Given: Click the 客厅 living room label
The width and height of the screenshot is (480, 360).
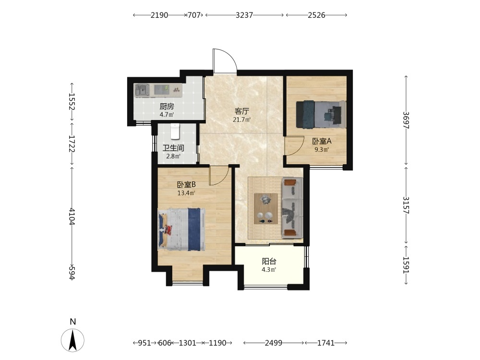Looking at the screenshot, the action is click(242, 111).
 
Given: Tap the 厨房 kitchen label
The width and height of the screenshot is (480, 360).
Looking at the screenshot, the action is click(167, 106).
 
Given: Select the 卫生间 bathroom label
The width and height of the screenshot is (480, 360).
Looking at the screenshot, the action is click(173, 148).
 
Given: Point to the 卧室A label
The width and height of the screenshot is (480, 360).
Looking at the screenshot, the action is click(322, 141).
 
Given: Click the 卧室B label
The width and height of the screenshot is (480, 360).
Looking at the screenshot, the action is click(186, 185).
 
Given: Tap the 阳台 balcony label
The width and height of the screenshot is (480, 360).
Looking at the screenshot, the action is click(269, 261).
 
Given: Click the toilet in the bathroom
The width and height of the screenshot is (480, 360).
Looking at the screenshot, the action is click(175, 131).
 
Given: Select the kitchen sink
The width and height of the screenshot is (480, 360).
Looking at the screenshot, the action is click(142, 90).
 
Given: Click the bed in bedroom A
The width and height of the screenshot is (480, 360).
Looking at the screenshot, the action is click(321, 114).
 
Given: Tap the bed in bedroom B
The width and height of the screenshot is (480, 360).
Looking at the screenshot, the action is click(181, 229).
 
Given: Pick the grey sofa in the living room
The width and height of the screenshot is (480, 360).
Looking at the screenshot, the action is click(292, 208).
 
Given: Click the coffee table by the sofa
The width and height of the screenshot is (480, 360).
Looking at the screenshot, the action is click(266, 208).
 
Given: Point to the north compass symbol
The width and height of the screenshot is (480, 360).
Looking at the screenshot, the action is click(72, 339).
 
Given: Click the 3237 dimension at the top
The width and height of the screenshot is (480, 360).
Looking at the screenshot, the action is click(244, 15).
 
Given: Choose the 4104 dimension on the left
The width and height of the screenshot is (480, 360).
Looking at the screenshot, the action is click(72, 216).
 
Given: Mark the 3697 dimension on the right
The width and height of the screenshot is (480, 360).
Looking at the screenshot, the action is click(406, 120).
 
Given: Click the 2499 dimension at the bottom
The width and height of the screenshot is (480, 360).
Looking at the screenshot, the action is click(274, 343).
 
